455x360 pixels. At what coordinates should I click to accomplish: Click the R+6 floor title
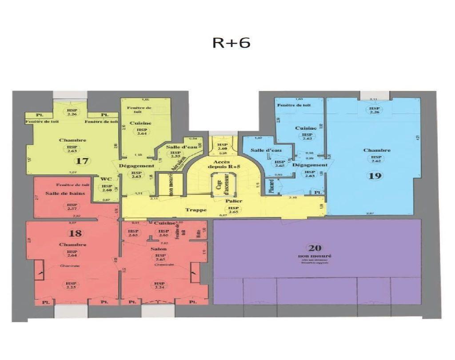(231, 43)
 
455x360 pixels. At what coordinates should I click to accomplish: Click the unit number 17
(82, 161)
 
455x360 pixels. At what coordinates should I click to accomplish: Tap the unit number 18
(75, 233)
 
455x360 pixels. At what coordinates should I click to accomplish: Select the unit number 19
(375, 175)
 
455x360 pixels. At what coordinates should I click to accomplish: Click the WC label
(105, 179)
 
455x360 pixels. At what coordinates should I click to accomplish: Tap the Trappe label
(196, 210)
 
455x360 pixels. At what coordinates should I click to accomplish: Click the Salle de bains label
(62, 193)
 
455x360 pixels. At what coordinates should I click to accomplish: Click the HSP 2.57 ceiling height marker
(72, 206)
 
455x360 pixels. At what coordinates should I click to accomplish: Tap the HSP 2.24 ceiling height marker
(159, 285)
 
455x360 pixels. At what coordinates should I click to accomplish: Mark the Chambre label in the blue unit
(376, 150)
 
